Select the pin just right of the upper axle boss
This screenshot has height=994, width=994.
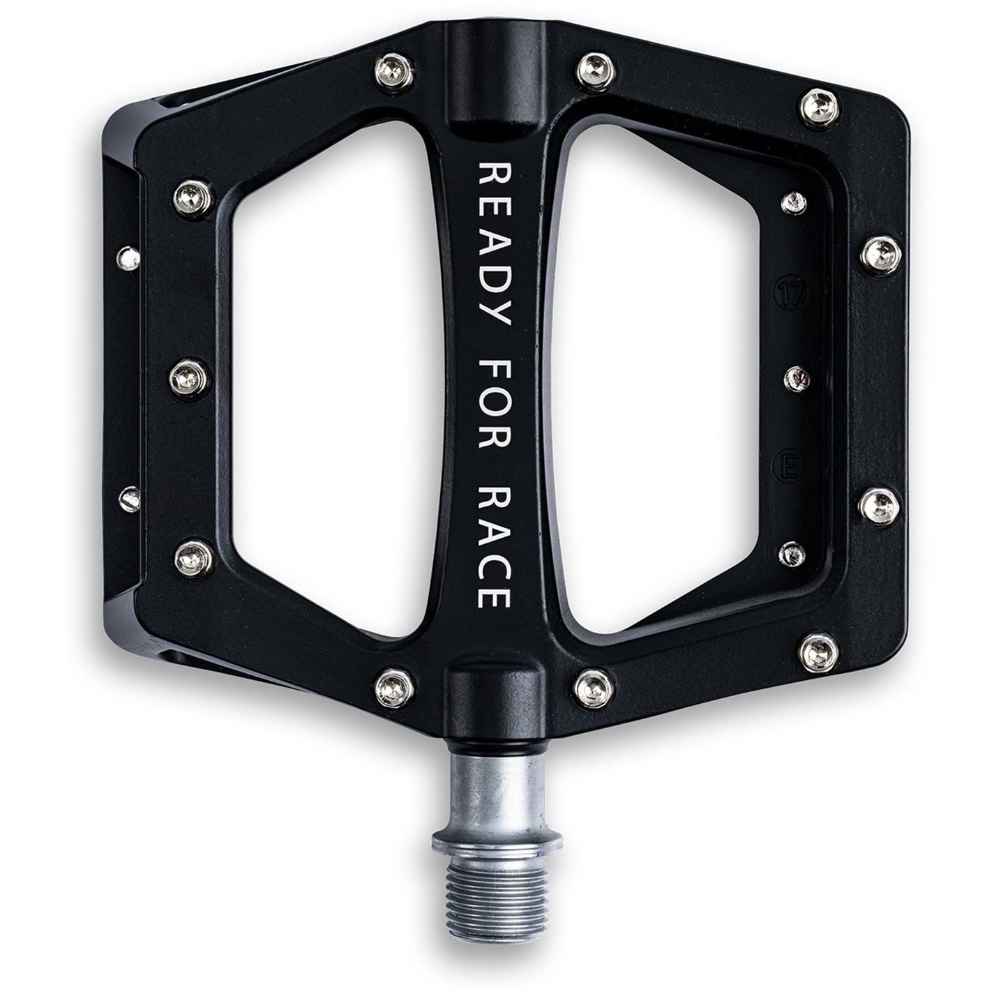596,66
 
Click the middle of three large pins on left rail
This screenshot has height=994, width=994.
187,377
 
